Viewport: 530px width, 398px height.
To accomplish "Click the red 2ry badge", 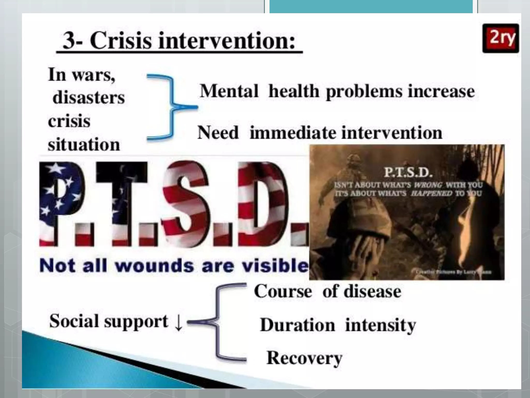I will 500,38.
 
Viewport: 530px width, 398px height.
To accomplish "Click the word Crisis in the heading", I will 120,41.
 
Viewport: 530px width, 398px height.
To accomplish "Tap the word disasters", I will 89,98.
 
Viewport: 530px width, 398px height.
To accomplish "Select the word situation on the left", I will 84,144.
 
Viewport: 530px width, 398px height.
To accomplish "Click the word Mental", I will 229,91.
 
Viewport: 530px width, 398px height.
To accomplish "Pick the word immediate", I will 293,133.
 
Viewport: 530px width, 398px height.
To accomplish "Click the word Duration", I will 298,325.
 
